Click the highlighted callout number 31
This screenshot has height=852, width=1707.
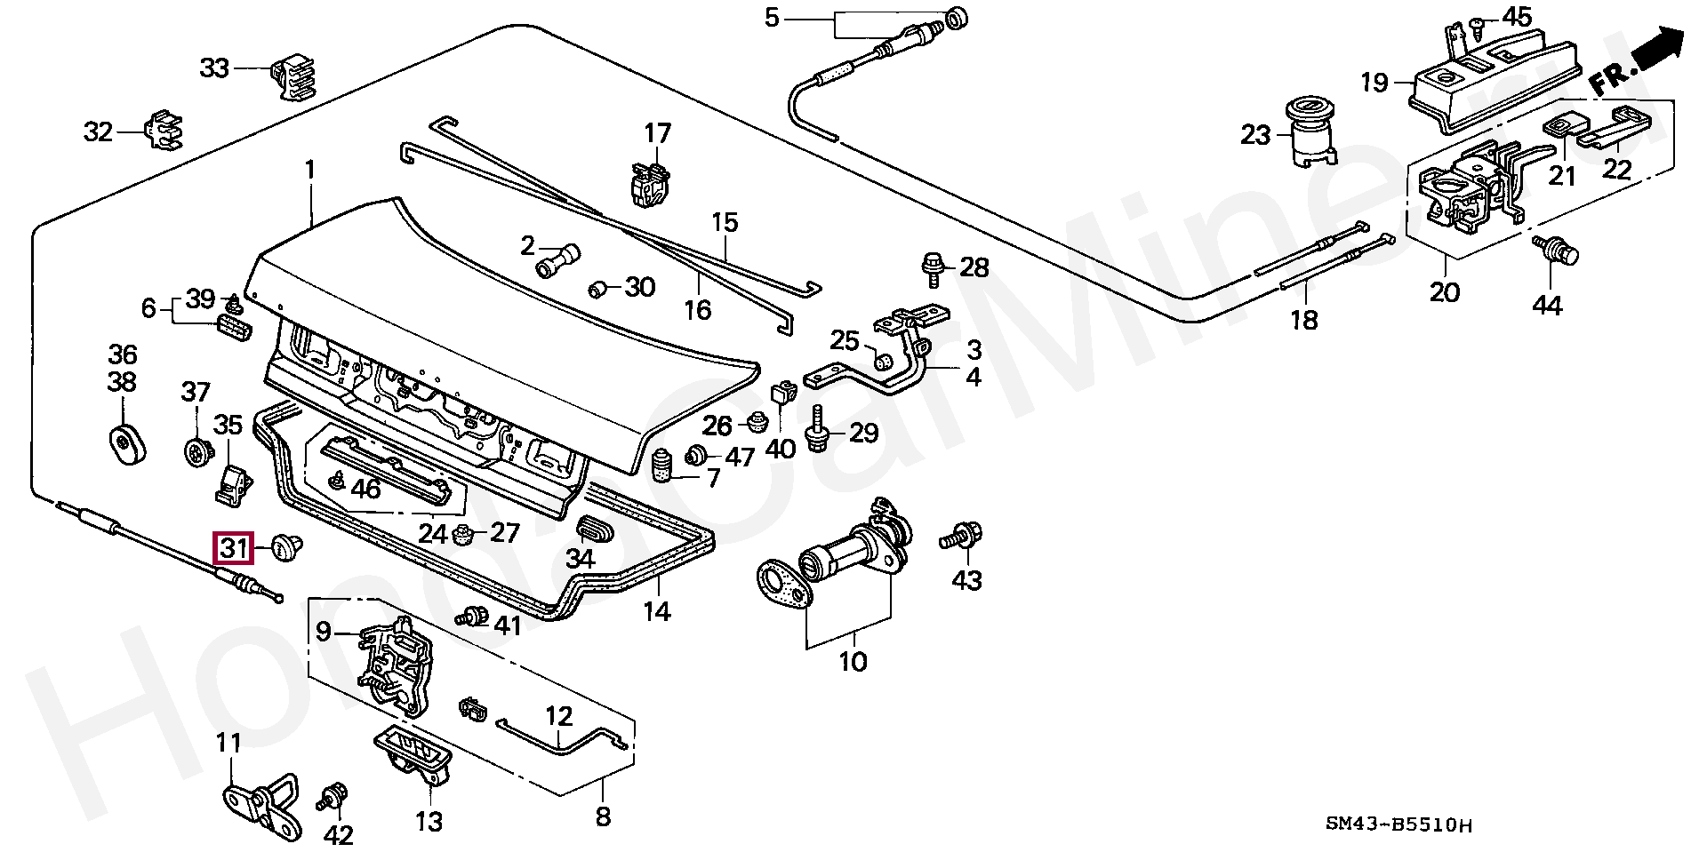tap(233, 547)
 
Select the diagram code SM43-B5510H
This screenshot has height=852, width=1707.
tap(1398, 825)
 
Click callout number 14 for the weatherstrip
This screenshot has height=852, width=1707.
tap(658, 610)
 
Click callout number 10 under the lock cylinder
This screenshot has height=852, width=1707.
tap(853, 662)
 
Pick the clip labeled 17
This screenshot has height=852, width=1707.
tap(649, 183)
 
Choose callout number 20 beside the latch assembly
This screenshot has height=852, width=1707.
tap(1445, 291)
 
